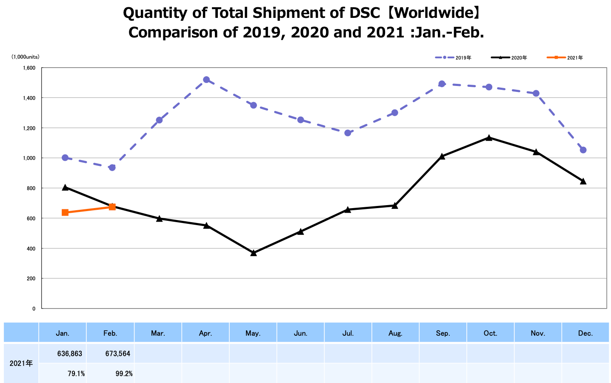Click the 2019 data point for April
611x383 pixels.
206,80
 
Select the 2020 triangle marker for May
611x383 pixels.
254,253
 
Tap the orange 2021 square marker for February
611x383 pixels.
112,207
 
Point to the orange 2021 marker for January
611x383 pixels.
65,212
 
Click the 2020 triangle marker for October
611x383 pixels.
489,138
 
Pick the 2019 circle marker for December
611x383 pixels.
583,150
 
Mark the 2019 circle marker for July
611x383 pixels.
348,133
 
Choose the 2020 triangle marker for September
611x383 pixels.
442,156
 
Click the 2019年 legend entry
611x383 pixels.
454,57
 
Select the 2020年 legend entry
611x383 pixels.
509,57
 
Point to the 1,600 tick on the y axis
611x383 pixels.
29,68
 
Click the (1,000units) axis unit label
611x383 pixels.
25,57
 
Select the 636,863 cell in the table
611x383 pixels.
70,354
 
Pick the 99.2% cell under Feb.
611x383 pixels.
124,374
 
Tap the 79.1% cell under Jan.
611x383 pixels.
76,374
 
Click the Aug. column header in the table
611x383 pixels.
395,333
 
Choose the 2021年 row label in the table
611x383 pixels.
21,363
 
